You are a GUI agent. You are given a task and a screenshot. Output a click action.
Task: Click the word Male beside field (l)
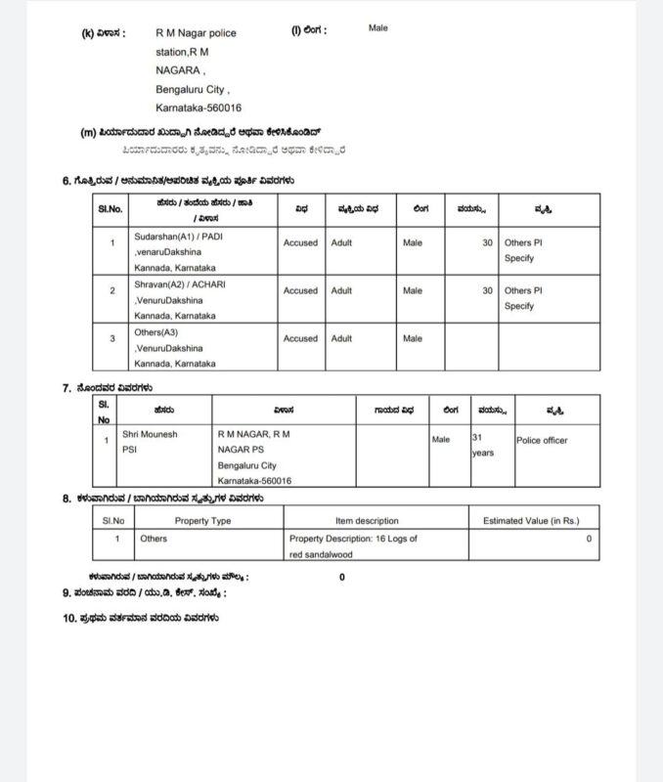click(377, 28)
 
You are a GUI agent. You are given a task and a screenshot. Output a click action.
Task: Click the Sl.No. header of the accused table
click(110, 210)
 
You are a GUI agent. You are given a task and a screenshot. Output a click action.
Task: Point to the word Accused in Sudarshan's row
click(300, 242)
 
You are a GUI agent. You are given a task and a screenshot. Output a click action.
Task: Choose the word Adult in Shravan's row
click(341, 290)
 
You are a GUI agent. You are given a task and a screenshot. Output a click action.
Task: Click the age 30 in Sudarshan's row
click(487, 242)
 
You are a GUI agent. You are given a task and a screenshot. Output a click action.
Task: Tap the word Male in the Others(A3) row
click(413, 338)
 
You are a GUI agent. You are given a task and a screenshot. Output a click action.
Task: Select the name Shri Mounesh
click(150, 432)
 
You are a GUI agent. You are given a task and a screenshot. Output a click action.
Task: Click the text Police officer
click(542, 441)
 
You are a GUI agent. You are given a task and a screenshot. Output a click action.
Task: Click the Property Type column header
click(202, 521)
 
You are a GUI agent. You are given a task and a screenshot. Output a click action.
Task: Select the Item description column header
click(367, 521)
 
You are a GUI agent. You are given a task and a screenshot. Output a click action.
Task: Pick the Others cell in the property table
click(154, 539)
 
